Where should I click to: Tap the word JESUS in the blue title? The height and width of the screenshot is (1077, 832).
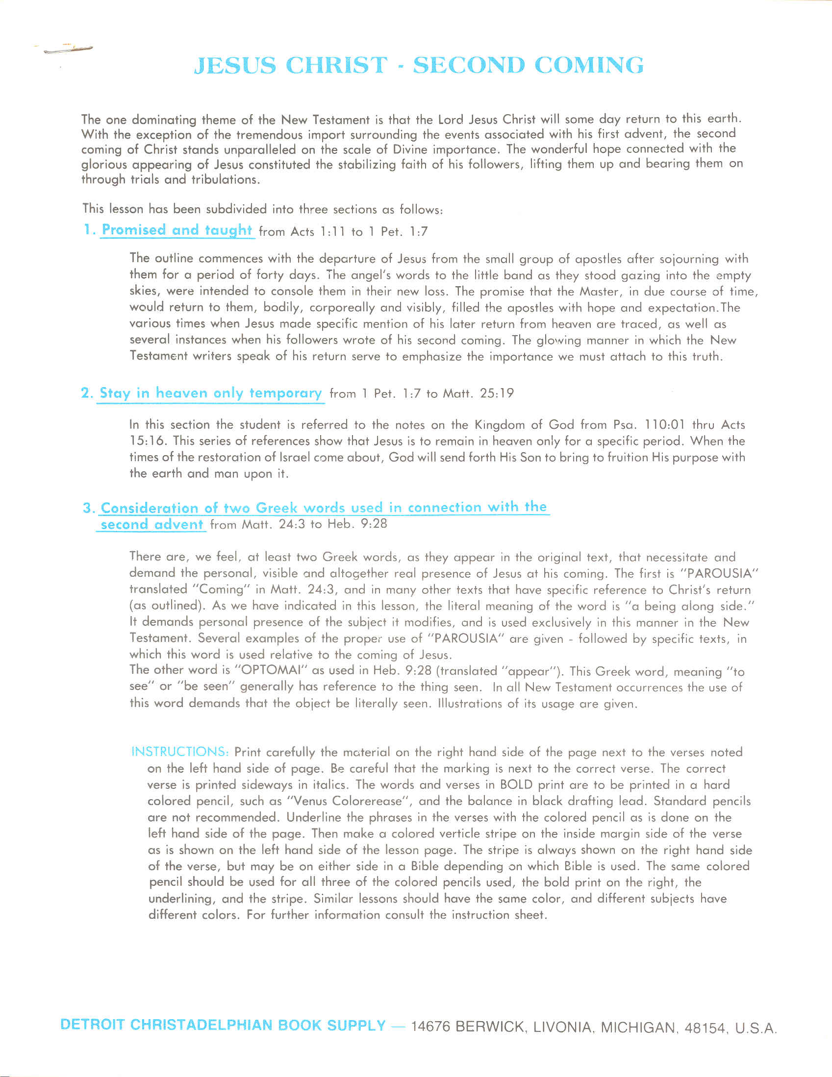tap(235, 66)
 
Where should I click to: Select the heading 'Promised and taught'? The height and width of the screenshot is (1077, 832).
tap(176, 230)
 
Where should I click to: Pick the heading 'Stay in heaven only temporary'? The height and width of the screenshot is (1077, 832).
tap(211, 393)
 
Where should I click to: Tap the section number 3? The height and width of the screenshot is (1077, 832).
tap(88, 509)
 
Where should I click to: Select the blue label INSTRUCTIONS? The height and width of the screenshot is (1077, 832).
tap(180, 752)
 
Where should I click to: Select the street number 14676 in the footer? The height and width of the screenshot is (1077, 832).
tap(430, 1026)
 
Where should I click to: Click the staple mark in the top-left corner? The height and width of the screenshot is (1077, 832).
tap(67, 49)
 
